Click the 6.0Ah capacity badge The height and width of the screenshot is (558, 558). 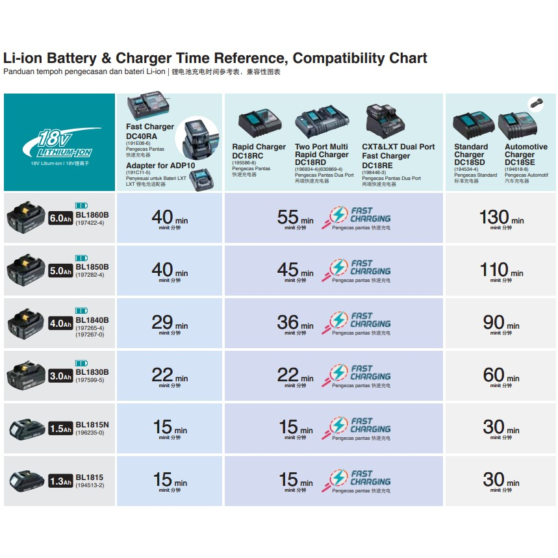(60, 218)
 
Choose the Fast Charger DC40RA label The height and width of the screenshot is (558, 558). (150, 131)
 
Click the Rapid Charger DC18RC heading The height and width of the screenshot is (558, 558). (259, 151)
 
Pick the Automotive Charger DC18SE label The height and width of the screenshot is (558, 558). (526, 155)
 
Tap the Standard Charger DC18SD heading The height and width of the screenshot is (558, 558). (470, 155)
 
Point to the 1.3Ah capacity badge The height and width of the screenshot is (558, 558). (60, 481)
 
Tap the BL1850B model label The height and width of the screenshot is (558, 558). (92, 267)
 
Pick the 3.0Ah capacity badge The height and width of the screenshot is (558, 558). (60, 376)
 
